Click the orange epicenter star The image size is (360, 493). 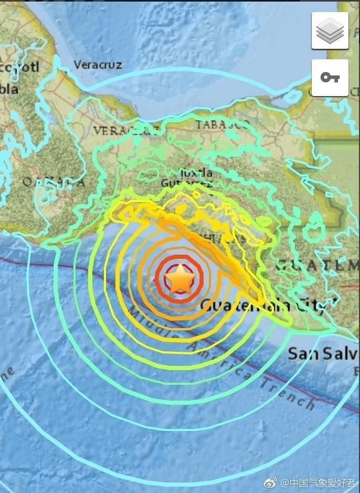[181, 279]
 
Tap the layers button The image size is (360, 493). [330, 32]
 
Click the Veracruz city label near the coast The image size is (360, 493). [98, 65]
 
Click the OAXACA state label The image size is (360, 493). [52, 182]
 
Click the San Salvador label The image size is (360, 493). [323, 353]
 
